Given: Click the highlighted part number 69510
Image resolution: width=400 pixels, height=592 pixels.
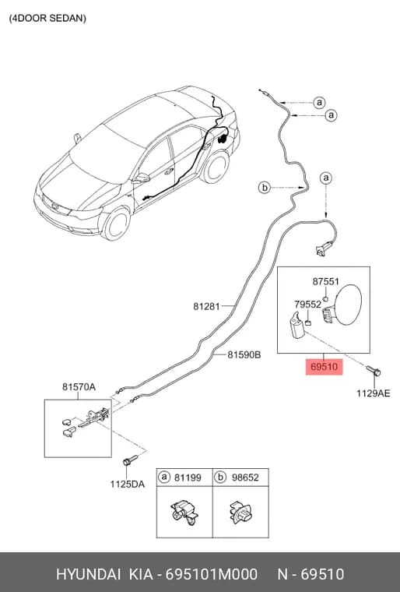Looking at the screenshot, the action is tap(324, 367).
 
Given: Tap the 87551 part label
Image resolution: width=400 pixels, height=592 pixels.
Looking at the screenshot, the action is tap(325, 282).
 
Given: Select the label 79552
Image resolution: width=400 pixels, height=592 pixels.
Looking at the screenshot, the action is tap(307, 305).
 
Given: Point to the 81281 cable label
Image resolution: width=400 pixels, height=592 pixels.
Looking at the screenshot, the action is tap(206, 306).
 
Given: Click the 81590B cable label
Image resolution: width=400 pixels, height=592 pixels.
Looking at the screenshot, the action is tap(244, 355).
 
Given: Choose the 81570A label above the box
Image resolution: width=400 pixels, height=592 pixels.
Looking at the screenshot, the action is tap(79, 387).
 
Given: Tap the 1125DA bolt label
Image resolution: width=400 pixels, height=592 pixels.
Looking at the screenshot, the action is tap(127, 484).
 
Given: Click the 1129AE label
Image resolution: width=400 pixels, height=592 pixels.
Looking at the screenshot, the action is tap(374, 393).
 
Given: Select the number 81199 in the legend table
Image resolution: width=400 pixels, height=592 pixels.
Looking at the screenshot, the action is tap(188, 477).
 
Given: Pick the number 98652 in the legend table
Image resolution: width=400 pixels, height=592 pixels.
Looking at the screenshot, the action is tap(245, 477).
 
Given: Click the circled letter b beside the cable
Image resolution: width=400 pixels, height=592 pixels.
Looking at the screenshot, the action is tap(265, 187).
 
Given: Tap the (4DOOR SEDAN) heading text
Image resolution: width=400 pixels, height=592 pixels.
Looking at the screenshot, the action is tap(47, 18).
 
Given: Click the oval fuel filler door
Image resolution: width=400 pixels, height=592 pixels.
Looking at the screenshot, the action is tap(348, 305).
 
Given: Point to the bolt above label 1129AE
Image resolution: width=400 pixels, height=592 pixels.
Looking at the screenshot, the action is tap(374, 371).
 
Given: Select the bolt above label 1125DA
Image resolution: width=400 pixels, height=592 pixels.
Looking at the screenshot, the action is tap(130, 460).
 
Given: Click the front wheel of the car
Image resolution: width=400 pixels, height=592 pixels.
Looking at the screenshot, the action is tap(116, 224).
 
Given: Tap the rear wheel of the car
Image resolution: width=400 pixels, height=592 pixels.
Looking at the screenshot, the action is tap(215, 167).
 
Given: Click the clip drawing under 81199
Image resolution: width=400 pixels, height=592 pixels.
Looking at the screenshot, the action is tap(184, 512).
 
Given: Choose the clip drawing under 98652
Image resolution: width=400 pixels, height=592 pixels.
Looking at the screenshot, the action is tap(240, 513).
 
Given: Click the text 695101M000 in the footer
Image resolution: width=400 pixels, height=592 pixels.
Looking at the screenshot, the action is tap(212, 574).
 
